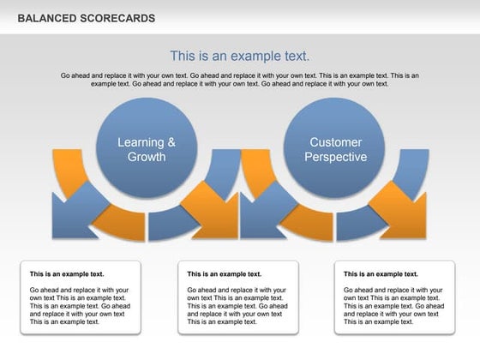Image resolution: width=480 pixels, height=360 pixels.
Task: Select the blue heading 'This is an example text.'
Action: (x=239, y=56)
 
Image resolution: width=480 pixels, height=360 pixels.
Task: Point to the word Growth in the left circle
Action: (x=147, y=157)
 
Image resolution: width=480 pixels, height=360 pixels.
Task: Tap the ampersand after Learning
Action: (x=171, y=142)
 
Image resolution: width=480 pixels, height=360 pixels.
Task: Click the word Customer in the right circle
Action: (x=335, y=142)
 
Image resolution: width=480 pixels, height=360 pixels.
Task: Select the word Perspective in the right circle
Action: (x=335, y=157)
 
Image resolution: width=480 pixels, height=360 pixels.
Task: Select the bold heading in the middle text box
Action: (x=224, y=274)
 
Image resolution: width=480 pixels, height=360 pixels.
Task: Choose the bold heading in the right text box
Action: (x=381, y=274)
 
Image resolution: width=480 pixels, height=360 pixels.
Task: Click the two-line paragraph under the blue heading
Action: (x=239, y=80)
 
